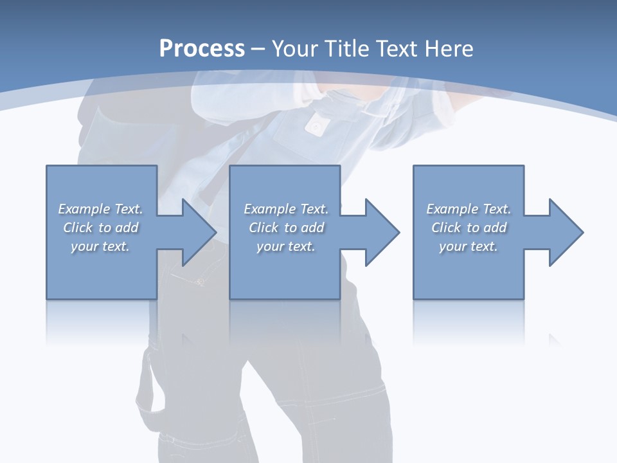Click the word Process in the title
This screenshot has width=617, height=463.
[202, 49]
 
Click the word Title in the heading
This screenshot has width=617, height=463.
[346, 49]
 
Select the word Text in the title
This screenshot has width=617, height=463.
[395, 49]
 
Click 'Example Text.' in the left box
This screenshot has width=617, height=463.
[100, 209]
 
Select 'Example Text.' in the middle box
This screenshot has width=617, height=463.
[285, 209]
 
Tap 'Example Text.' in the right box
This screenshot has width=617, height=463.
[469, 209]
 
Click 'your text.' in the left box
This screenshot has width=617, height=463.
[100, 246]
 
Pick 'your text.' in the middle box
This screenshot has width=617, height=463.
[285, 246]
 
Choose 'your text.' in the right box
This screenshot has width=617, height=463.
[469, 246]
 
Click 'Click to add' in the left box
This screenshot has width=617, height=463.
[100, 228]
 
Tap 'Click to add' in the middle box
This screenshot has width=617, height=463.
[285, 228]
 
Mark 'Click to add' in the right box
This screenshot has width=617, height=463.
[469, 228]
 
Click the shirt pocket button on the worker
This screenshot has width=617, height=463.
[315, 127]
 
